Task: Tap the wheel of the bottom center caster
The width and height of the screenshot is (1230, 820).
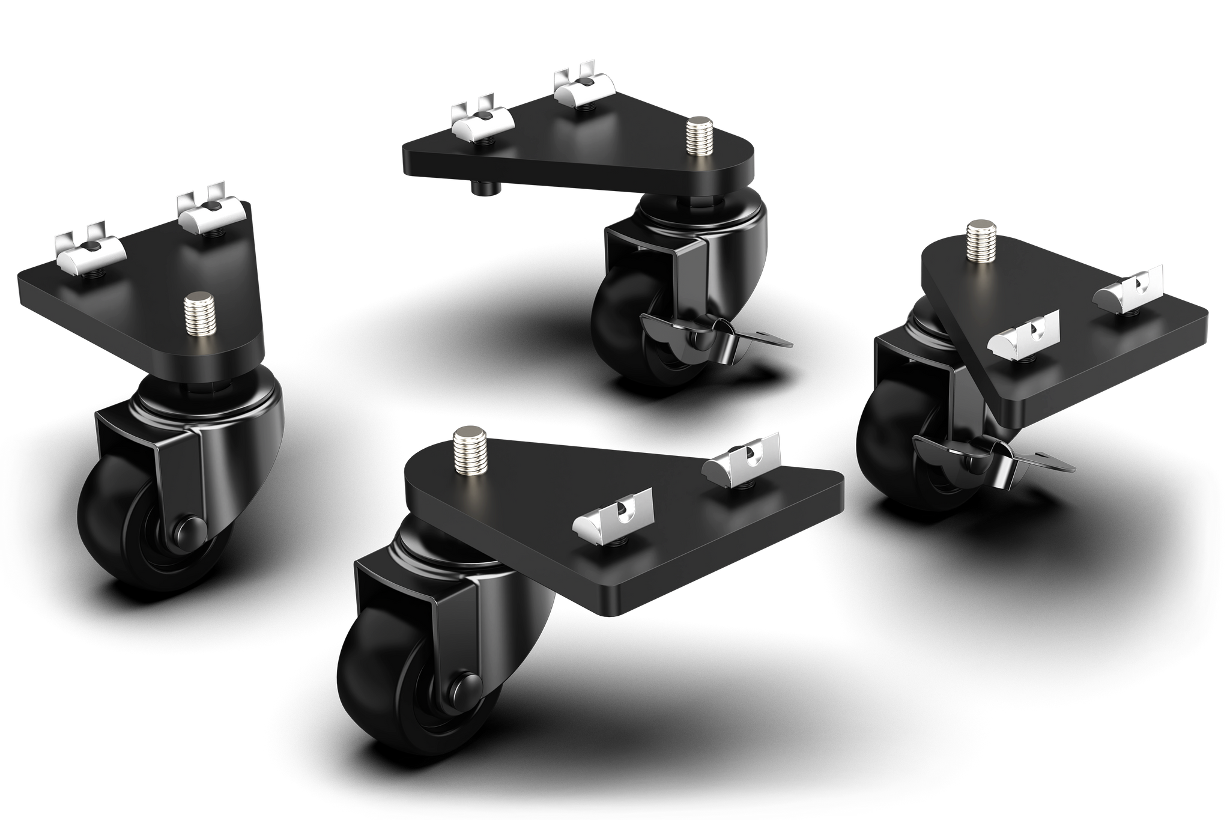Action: (x=384, y=685)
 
